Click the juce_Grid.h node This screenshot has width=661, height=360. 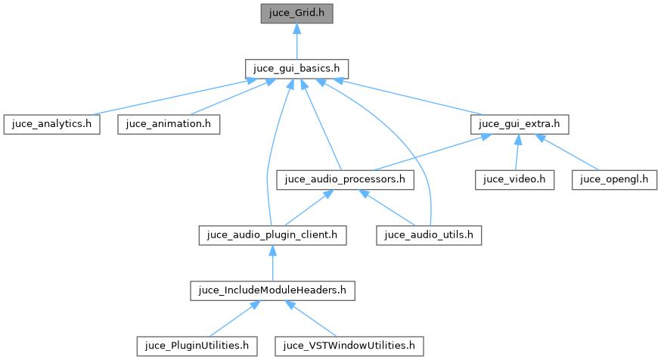click(x=297, y=13)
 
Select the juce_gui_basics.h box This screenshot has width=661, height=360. click(x=296, y=68)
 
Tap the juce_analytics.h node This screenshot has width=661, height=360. click(x=51, y=124)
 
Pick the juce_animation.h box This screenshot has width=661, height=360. click(x=169, y=124)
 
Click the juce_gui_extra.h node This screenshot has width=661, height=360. click(x=519, y=124)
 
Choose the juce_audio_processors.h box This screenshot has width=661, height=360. click(x=346, y=180)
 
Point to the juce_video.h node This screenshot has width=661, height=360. click(x=515, y=180)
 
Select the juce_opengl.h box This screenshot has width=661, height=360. click(x=615, y=180)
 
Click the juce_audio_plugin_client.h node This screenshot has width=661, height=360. click(x=272, y=235)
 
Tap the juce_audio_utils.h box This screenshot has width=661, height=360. click(x=429, y=235)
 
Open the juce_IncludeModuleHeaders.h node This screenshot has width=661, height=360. click(x=272, y=290)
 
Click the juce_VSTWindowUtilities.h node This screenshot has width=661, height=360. click(x=349, y=346)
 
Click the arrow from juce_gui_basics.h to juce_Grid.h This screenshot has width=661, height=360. click(x=297, y=41)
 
